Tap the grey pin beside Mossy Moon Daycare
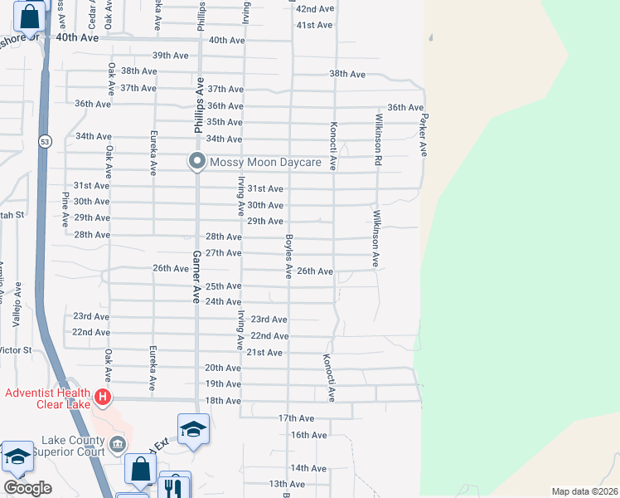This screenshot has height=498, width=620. pos(196,161)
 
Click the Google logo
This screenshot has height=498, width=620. pos(27,488)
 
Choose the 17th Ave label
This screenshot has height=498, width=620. pos(297,417)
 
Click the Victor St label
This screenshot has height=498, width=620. pos(16,350)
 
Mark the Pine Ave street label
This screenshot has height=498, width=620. pos(65,209)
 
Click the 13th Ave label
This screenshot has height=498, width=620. pos(287,484)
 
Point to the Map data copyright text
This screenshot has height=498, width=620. pos(584,491)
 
